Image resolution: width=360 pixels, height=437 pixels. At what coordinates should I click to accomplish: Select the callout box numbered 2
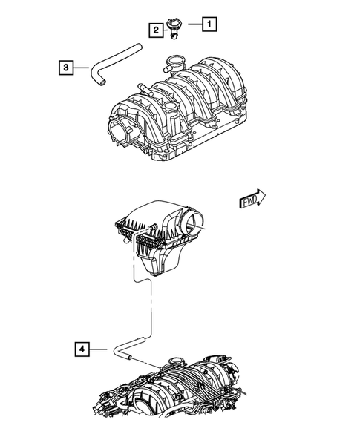coord(156,30)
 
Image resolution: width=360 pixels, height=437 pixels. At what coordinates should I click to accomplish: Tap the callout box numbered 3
coord(67,68)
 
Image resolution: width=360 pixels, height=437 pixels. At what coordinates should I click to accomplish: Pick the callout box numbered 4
coord(83,347)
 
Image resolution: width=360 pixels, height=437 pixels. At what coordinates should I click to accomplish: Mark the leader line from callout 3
coord(84,68)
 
